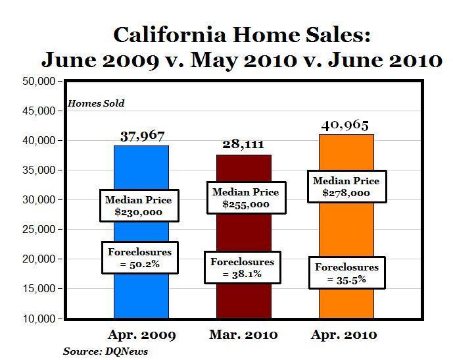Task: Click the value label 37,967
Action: pyautogui.click(x=143, y=136)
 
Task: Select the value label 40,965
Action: pyautogui.click(x=346, y=125)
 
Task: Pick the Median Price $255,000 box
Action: pyautogui.click(x=245, y=198)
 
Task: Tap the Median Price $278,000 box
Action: pyautogui.click(x=346, y=188)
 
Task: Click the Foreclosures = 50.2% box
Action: pyautogui.click(x=139, y=258)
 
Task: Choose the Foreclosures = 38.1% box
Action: pyautogui.click(x=242, y=268)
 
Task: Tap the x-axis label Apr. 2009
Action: pyautogui.click(x=141, y=335)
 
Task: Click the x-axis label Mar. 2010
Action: pyautogui.click(x=243, y=335)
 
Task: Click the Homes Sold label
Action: pyautogui.click(x=96, y=103)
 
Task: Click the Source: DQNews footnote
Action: pyautogui.click(x=105, y=351)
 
